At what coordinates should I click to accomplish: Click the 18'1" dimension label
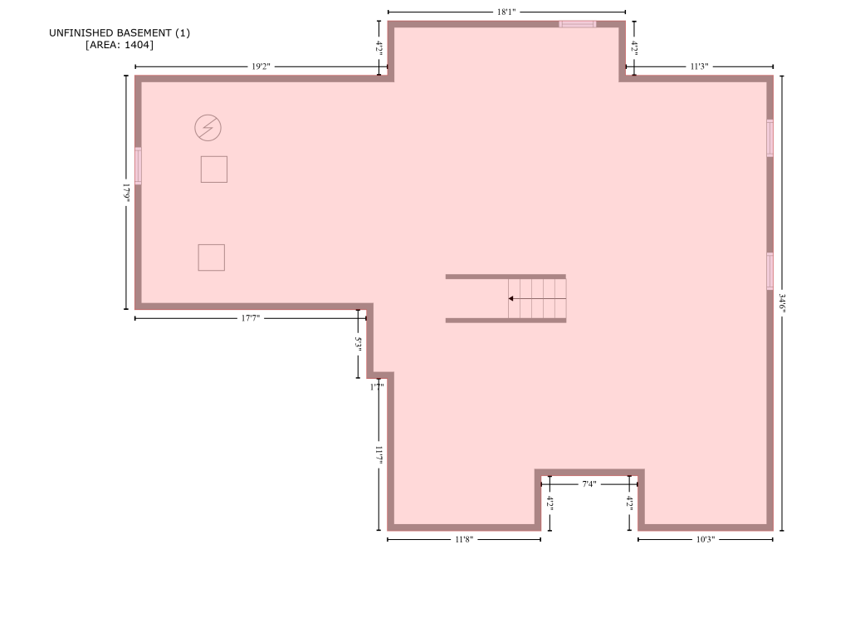[506, 12]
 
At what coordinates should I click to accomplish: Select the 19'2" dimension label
[261, 66]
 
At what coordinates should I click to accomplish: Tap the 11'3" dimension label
[699, 66]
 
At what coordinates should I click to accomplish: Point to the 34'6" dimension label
[782, 303]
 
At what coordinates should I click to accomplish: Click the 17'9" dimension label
[126, 193]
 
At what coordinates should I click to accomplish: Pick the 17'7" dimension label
[251, 318]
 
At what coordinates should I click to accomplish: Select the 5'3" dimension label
[358, 343]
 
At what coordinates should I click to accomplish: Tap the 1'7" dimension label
[377, 387]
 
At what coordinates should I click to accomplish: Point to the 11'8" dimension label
[464, 539]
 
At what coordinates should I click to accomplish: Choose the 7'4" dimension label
[589, 484]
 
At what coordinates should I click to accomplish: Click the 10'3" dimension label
[706, 539]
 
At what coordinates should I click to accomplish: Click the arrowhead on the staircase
[510, 298]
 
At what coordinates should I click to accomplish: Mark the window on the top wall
[578, 24]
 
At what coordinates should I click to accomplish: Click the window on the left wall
[139, 165]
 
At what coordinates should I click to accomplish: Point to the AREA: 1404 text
[120, 45]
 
